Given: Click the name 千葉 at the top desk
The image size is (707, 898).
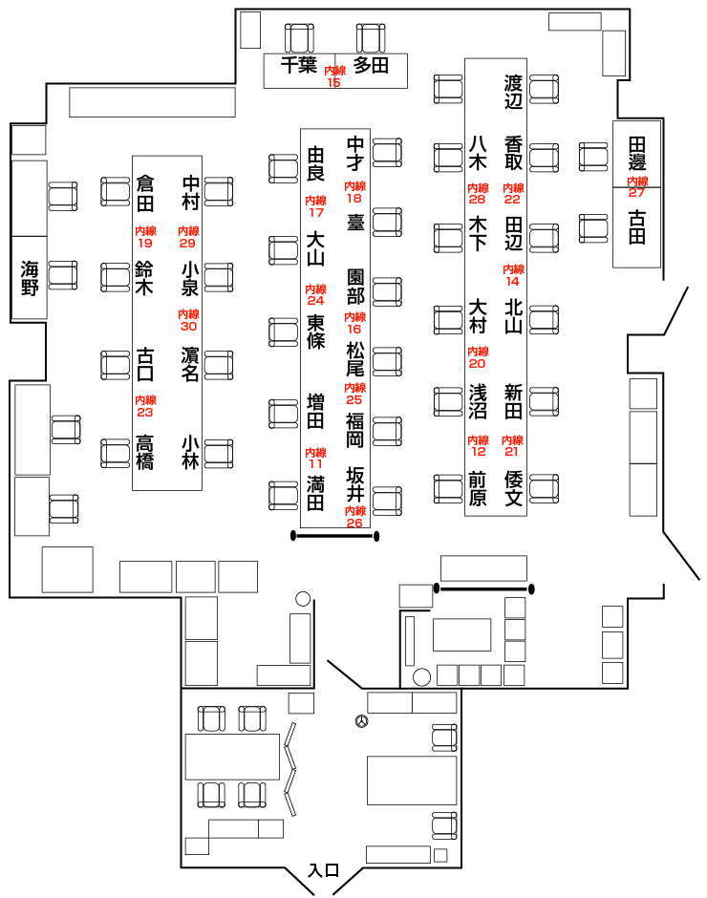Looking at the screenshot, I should coord(298,65).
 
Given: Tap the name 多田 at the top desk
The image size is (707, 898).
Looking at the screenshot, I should coord(371,65).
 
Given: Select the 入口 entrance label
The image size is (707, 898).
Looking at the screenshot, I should coord(324,870).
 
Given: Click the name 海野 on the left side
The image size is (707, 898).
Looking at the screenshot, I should coord(30,277).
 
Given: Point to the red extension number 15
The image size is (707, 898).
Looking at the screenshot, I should coord(334,83).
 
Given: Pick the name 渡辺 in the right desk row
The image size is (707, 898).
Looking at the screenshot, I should coord(514,92).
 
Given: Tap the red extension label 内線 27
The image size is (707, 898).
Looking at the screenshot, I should coord(637,186).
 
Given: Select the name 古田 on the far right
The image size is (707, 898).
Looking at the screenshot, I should coord(637,227).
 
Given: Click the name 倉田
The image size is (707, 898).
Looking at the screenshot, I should coord(145,191).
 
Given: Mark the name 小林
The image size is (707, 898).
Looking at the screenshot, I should coord(190,453).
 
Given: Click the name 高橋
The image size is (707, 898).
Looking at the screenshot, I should coord(145,453).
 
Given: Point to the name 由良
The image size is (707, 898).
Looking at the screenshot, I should coord(316,164).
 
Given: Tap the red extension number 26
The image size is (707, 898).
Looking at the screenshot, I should coord(354,523).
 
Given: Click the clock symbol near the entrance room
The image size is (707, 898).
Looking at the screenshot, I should coord(360,721).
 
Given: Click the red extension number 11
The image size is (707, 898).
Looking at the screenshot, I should coord(315,463).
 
